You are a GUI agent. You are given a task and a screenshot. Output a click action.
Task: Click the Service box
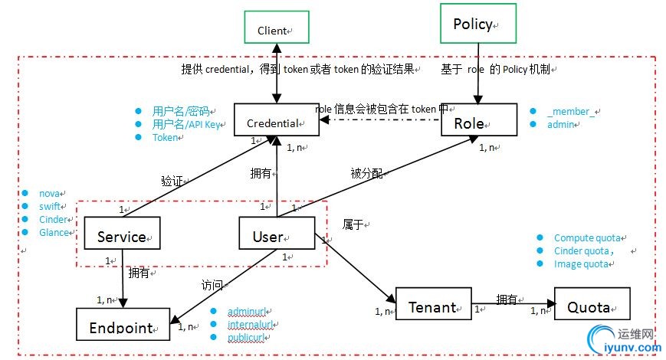(122, 234)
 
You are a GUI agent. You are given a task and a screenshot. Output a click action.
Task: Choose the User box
(276, 234)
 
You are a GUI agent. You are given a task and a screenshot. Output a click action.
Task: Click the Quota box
(592, 305)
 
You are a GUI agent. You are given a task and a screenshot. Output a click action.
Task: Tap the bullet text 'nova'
(50, 193)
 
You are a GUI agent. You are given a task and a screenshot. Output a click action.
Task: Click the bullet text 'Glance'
(54, 232)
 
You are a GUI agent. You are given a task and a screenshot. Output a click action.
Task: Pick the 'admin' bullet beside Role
(560, 124)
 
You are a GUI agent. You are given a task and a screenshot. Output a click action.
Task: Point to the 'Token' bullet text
(165, 138)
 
